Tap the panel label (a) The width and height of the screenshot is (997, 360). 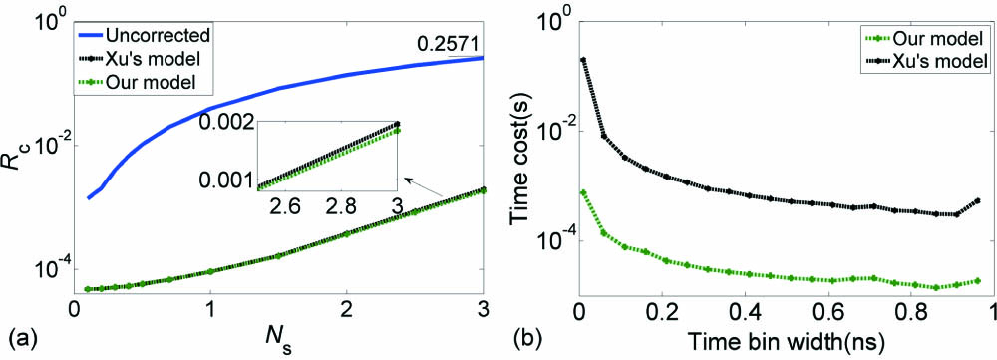pos(17,338)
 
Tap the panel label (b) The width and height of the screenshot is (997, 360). pos(520,338)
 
